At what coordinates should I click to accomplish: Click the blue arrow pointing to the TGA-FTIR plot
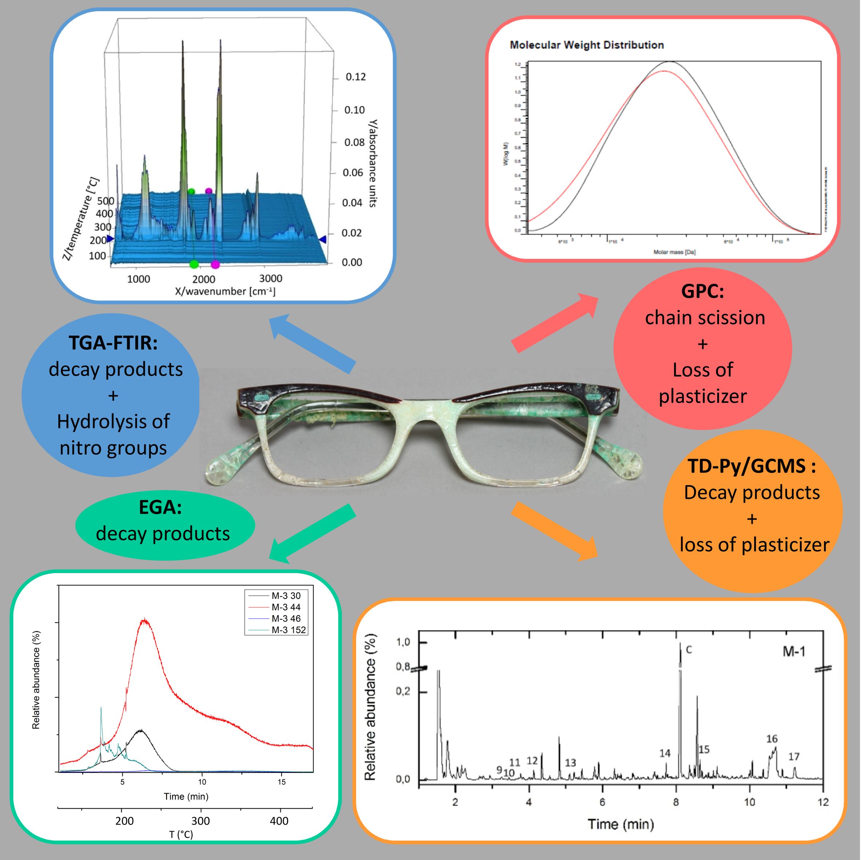tap(312, 343)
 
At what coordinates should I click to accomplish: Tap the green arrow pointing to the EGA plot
tap(312, 532)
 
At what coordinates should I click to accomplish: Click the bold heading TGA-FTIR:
tap(113, 343)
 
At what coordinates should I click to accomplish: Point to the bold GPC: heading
tap(703, 292)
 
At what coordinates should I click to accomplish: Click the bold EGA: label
tap(160, 507)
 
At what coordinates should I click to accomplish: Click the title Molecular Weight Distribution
tap(587, 45)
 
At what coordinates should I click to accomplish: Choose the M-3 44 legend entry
tap(286, 607)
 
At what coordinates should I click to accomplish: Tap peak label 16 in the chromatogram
tap(772, 739)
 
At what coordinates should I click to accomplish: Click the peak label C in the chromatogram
tap(689, 650)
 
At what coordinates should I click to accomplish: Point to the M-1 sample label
tap(794, 652)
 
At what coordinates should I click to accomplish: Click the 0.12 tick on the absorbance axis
tap(356, 77)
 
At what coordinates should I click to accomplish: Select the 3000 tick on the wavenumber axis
tap(270, 279)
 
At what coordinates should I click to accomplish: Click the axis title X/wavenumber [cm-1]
tap(225, 292)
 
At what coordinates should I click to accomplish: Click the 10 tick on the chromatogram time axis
tap(750, 802)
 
